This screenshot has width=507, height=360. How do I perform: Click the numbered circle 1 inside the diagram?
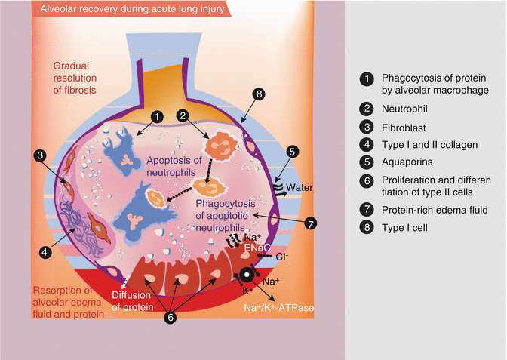pos(156,117)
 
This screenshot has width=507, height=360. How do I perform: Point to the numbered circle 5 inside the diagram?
pos(292,152)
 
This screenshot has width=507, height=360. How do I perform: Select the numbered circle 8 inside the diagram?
pos(259,94)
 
